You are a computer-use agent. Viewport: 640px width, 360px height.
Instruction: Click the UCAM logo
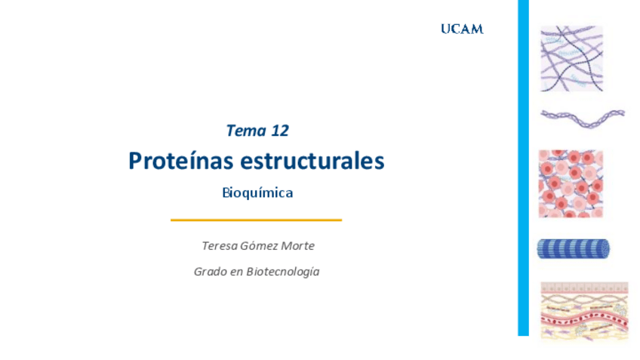(x=462, y=29)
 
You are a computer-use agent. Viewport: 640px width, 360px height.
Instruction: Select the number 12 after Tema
(x=280, y=131)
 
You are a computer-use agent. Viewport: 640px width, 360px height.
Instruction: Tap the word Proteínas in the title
(x=181, y=161)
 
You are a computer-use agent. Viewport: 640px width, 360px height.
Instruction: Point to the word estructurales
(x=312, y=161)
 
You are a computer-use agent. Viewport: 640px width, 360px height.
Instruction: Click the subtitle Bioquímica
(x=257, y=192)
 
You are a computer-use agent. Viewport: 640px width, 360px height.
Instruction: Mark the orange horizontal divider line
(x=257, y=220)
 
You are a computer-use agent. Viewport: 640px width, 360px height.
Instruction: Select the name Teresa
(x=220, y=246)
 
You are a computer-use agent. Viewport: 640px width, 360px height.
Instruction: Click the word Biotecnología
(x=283, y=272)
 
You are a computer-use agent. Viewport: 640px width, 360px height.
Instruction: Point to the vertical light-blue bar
(x=523, y=168)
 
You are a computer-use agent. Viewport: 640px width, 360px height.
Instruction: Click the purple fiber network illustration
(x=572, y=59)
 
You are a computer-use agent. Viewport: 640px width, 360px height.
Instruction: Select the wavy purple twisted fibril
(x=583, y=118)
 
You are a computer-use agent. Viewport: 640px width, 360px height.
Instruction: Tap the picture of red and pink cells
(x=571, y=183)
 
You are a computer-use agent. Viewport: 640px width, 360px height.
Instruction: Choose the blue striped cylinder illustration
(x=574, y=248)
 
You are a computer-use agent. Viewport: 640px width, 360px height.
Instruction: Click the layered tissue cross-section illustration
(x=584, y=311)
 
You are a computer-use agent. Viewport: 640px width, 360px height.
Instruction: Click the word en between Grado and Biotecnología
(x=236, y=272)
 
